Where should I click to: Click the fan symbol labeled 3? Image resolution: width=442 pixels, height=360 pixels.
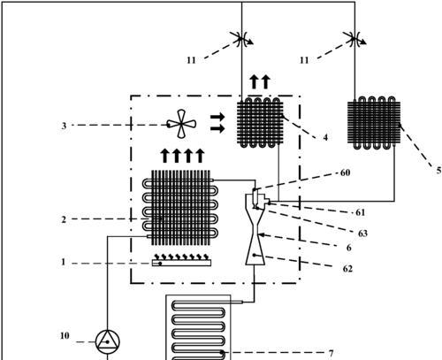[x=181, y=124]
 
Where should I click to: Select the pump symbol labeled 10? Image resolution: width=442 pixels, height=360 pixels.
[x=108, y=342]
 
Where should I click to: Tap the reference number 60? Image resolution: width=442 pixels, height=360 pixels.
[x=345, y=172]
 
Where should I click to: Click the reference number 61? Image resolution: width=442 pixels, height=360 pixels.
[x=360, y=212]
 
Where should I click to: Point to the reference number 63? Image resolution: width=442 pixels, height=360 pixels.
[x=362, y=234]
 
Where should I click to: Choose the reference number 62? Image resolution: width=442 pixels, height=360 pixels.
[x=347, y=269]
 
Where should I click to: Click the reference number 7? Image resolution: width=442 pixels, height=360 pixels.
[x=331, y=353]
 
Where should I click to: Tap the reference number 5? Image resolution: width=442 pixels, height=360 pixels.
[x=438, y=170]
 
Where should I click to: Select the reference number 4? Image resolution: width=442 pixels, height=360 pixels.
[x=325, y=137]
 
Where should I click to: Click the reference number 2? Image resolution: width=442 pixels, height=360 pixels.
[x=64, y=219]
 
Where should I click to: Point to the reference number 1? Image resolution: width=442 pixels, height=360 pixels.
[x=63, y=262]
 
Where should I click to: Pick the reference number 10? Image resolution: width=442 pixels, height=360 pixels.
[x=65, y=335]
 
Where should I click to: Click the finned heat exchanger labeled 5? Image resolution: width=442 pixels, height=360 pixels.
[x=374, y=123]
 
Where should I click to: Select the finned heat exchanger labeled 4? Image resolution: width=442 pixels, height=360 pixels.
[x=260, y=122]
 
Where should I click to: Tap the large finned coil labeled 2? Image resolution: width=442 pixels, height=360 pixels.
[x=180, y=208]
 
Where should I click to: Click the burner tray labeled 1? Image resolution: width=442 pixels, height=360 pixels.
[x=181, y=260]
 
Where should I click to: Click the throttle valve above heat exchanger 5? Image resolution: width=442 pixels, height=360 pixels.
[x=355, y=39]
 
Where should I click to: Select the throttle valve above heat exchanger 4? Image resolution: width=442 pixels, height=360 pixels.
[x=242, y=39]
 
